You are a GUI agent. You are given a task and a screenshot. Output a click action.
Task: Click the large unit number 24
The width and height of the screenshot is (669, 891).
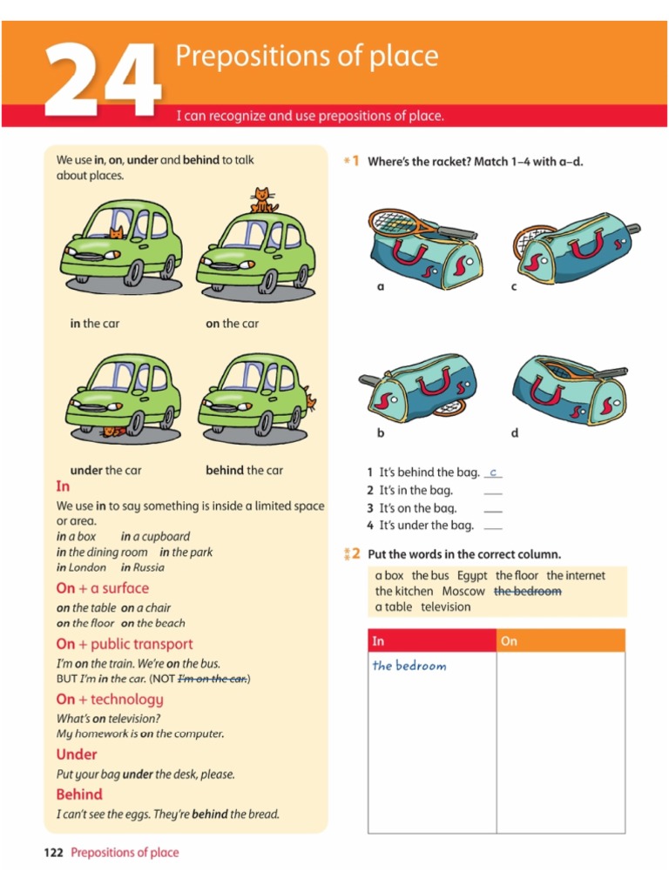click(x=103, y=80)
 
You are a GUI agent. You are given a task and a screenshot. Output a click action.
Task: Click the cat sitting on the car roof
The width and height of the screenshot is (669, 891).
click(x=263, y=201)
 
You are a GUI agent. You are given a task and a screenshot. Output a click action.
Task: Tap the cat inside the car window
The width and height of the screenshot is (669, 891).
click(x=116, y=231)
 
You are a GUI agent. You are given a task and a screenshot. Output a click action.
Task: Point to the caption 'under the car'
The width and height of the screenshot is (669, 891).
click(x=105, y=471)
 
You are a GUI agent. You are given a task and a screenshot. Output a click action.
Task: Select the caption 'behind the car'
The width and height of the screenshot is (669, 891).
click(x=244, y=471)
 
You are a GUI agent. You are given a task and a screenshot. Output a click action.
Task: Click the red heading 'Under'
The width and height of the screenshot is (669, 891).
click(x=77, y=754)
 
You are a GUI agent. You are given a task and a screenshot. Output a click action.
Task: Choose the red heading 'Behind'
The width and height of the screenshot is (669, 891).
click(x=79, y=794)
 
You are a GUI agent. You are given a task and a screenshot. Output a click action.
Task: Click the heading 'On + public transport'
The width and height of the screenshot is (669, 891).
click(x=125, y=644)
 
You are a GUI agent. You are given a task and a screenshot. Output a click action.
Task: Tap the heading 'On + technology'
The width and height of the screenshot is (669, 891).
click(x=110, y=700)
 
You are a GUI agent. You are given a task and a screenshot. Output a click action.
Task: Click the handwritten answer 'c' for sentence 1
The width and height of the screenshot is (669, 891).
click(x=493, y=472)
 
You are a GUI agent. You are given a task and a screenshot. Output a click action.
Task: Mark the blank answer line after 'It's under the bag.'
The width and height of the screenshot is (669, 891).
click(x=493, y=527)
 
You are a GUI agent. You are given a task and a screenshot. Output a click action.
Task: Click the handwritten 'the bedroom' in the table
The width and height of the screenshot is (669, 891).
click(x=409, y=666)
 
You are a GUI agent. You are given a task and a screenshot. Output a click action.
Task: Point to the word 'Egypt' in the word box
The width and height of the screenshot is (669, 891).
click(x=472, y=576)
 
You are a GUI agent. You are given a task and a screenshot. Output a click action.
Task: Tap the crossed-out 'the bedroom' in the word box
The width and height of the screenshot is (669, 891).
click(x=527, y=591)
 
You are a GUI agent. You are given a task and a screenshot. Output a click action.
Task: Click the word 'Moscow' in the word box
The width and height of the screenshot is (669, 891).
click(x=463, y=591)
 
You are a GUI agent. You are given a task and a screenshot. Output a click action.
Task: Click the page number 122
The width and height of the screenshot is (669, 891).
click(x=54, y=853)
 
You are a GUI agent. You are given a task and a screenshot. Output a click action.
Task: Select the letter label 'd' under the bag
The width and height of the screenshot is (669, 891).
click(x=515, y=432)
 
